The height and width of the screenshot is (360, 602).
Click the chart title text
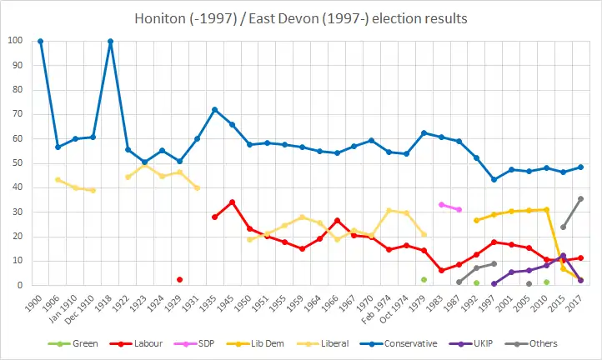point(301,17)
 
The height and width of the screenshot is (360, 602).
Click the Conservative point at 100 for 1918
point(110,41)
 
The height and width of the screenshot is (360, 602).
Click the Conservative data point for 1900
point(40,41)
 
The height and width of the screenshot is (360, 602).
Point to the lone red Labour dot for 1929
point(179,279)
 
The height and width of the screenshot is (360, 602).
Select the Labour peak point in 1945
point(232,202)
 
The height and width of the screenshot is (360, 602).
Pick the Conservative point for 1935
point(214,109)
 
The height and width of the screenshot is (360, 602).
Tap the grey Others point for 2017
point(580,199)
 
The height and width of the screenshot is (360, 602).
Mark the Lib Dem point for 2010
point(546,209)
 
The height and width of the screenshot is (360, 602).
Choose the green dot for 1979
point(424,279)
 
